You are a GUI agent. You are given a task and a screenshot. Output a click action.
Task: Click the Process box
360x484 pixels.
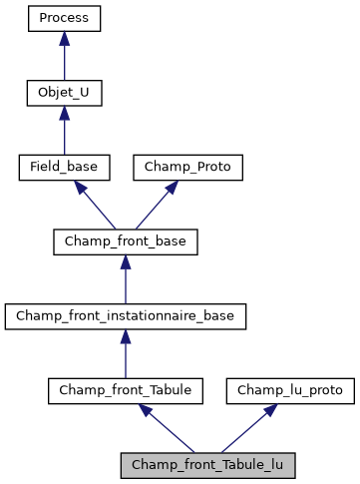(x=64, y=18)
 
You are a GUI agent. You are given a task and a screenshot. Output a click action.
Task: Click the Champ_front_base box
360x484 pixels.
(x=125, y=242)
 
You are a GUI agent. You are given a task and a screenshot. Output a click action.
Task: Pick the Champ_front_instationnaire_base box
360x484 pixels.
(x=125, y=316)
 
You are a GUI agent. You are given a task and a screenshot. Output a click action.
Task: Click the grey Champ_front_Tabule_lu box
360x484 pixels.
(x=207, y=465)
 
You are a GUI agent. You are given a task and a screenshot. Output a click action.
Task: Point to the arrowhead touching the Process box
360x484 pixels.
(x=64, y=38)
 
